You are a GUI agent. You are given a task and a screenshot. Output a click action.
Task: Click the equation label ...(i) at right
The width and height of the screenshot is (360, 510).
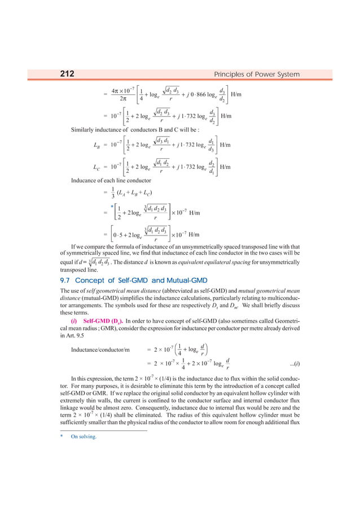click(x=293, y=377)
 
